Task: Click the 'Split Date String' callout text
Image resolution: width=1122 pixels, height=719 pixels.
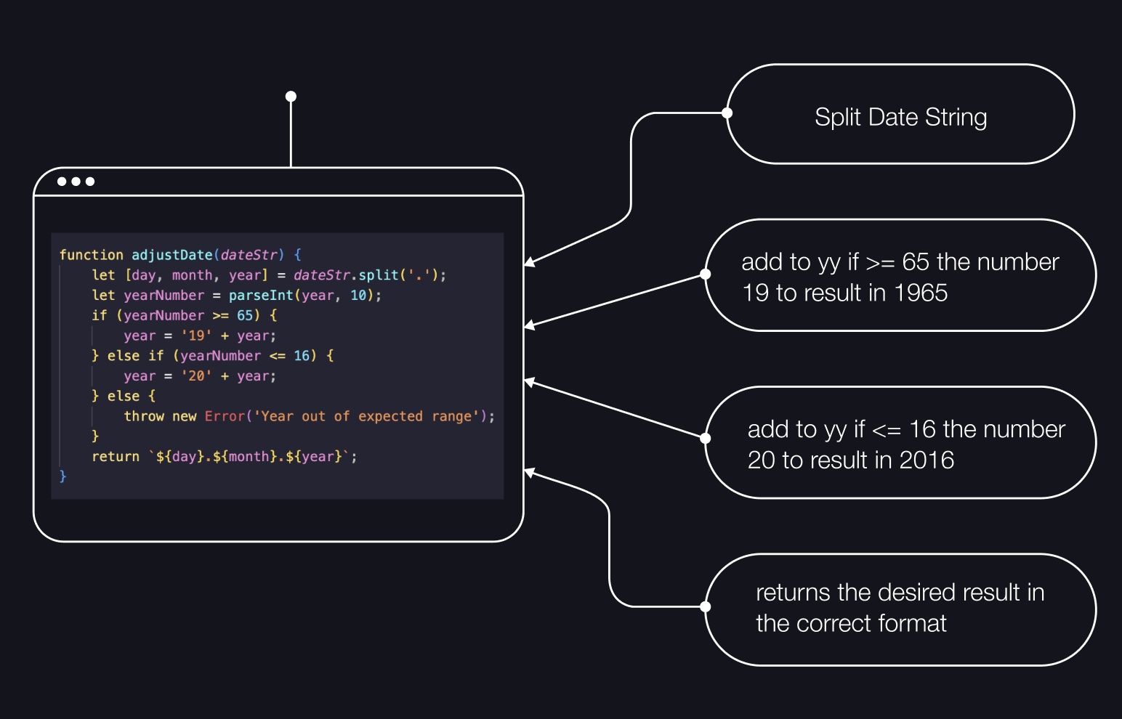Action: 900,117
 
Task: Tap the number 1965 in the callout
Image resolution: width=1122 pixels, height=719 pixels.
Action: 921,293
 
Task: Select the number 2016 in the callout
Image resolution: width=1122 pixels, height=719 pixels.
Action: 927,460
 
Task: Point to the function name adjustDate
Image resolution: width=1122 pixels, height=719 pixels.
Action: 171,255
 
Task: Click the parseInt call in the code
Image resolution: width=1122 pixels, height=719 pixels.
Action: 260,296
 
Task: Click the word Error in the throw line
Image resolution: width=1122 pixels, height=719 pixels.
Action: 225,416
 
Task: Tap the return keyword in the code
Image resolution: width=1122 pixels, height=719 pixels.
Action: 116,457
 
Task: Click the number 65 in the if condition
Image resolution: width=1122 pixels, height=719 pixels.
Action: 245,316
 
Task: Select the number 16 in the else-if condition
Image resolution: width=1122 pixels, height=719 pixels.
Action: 302,356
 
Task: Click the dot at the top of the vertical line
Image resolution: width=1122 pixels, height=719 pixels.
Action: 291,97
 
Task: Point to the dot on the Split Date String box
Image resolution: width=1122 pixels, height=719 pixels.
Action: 727,113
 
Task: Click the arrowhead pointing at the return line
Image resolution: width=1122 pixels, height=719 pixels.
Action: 529,473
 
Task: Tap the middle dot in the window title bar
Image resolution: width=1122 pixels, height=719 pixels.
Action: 76,182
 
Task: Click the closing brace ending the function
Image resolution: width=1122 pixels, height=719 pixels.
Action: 62,476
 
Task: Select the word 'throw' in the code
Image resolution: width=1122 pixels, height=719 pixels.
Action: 144,416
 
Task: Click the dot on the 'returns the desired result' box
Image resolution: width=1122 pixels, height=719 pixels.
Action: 705,606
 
